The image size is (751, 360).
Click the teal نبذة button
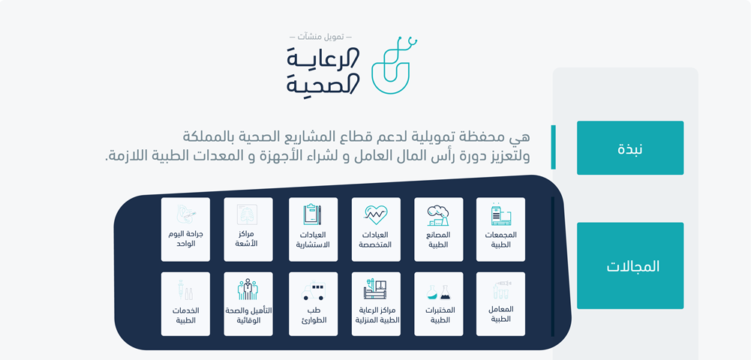point(629,148)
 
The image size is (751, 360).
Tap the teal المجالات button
point(629,265)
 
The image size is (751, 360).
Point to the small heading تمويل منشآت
point(320,37)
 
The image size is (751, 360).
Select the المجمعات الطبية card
point(500,229)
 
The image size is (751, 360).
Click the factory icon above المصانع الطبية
point(438,215)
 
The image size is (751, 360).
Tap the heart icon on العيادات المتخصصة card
point(375,215)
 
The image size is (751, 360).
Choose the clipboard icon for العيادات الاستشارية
point(312,214)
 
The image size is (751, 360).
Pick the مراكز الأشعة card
point(248,229)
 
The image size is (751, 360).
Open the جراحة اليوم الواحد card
point(185,229)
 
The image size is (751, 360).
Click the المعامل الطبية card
point(500,304)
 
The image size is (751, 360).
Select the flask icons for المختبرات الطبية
point(438,292)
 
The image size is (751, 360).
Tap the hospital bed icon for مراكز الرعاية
point(375,289)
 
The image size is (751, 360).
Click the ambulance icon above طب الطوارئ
point(313,291)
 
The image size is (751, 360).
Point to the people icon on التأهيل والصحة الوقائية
point(248,289)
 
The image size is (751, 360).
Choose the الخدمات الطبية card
point(185,304)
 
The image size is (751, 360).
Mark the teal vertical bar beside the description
point(553,147)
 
